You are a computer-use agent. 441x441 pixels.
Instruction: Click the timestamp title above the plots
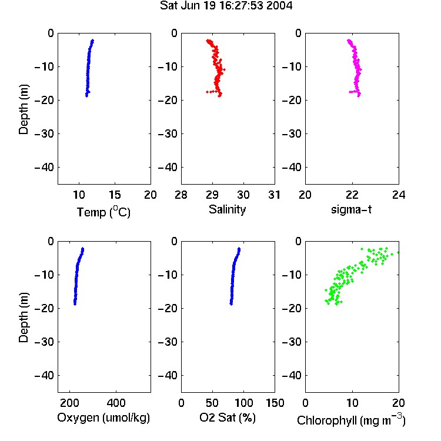pyautogui.click(x=226, y=5)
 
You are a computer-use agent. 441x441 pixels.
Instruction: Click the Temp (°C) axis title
pyautogui.click(x=103, y=212)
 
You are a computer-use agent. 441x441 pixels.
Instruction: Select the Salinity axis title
pyautogui.click(x=227, y=209)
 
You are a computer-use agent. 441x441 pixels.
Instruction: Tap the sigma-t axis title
pyautogui.click(x=351, y=209)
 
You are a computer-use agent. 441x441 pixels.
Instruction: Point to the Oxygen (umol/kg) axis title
pyautogui.click(x=103, y=417)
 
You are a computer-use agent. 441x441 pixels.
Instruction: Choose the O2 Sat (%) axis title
pyautogui.click(x=228, y=417)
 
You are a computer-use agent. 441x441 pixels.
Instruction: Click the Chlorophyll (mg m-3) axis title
pyautogui.click(x=351, y=420)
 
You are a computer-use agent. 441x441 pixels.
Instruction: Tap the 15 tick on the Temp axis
pyautogui.click(x=115, y=195)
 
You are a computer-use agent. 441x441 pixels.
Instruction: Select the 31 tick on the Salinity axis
pyautogui.click(x=274, y=195)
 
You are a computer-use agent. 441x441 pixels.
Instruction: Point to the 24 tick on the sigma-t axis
pyautogui.click(x=399, y=195)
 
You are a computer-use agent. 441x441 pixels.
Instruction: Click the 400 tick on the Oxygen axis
pyautogui.click(x=116, y=403)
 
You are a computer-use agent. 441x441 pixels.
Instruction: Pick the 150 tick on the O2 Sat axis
pyautogui.click(x=275, y=403)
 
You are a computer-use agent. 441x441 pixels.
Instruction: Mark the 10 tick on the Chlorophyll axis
pyautogui.click(x=352, y=403)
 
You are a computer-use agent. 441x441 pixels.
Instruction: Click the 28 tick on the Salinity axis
pyautogui.click(x=181, y=195)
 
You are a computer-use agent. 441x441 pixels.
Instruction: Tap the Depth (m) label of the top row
pyautogui.click(x=24, y=109)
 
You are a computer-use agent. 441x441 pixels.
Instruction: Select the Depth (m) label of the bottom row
pyautogui.click(x=24, y=318)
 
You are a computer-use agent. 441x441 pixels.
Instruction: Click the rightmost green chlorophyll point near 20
pyautogui.click(x=398, y=252)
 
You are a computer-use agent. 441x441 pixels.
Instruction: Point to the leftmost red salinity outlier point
pyautogui.click(x=208, y=92)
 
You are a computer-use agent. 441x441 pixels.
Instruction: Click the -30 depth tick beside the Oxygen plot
pyautogui.click(x=44, y=342)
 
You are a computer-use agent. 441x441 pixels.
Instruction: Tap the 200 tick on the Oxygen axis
pyautogui.click(x=69, y=403)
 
